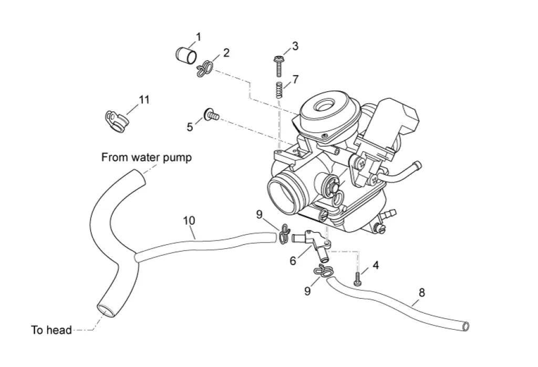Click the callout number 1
click(198, 36)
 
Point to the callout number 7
click(296, 79)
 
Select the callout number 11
click(144, 99)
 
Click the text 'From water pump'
click(147, 157)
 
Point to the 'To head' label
click(51, 330)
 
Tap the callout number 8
click(422, 293)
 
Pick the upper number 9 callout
click(259, 214)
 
